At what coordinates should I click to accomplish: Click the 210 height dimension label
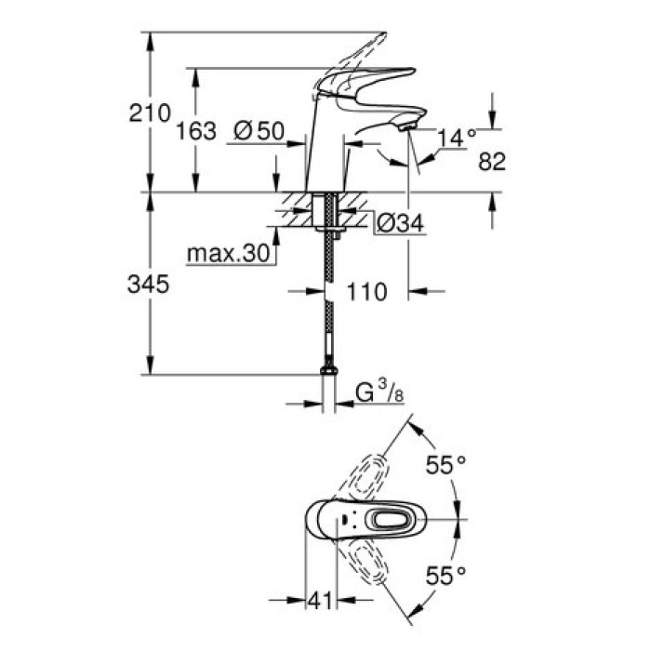pos(150,113)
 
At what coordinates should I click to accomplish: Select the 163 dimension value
pos(197,130)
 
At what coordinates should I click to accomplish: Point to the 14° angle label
pos(457,137)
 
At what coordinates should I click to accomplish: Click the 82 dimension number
pos(491,161)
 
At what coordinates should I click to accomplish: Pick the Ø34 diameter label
pos(400,222)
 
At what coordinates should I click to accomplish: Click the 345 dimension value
pos(150,286)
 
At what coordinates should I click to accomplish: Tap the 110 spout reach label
pos(366,292)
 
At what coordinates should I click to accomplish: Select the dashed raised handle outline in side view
pos(363,51)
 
